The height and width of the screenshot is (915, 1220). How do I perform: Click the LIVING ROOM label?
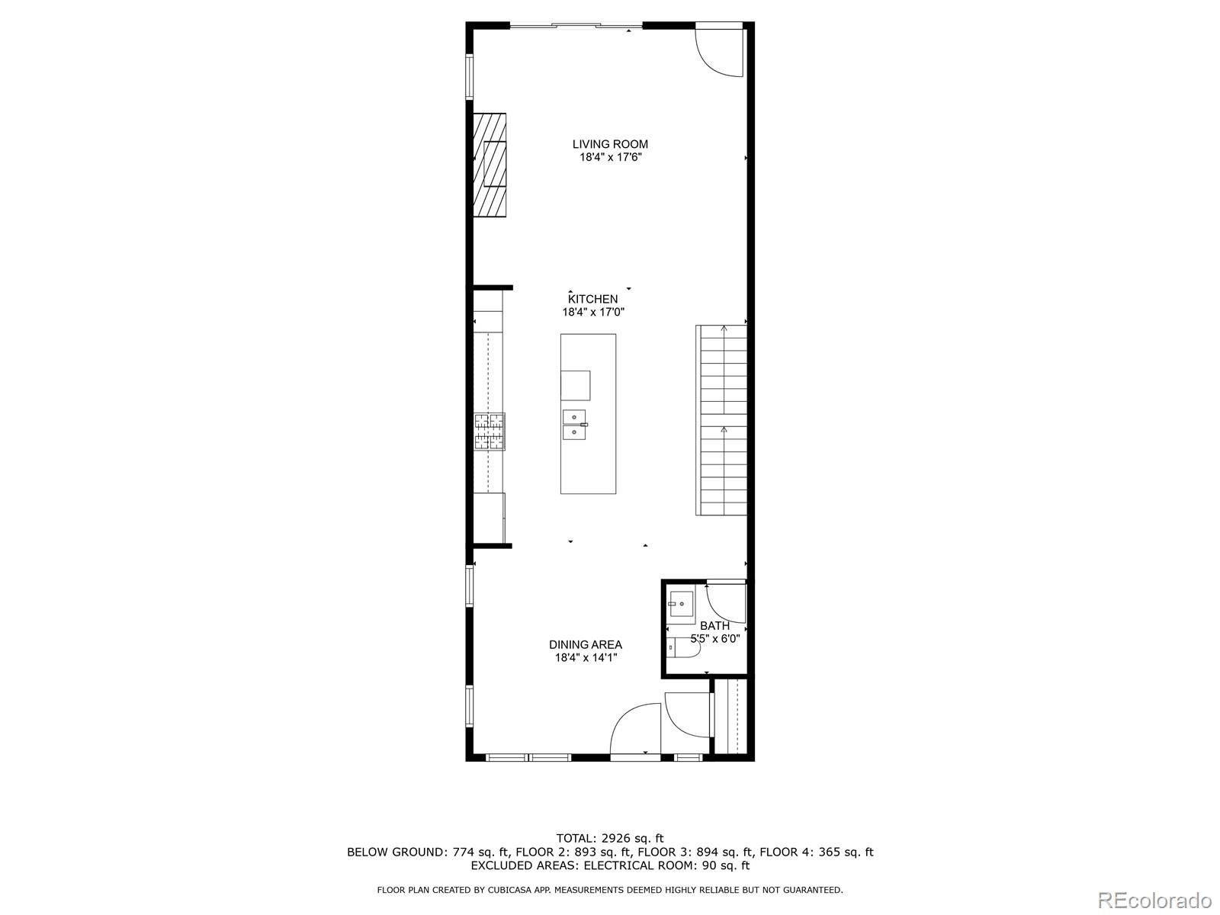(x=610, y=144)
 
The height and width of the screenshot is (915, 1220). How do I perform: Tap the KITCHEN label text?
(x=592, y=299)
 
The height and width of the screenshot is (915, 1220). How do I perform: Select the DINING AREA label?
(x=586, y=644)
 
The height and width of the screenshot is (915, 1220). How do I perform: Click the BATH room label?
(x=714, y=626)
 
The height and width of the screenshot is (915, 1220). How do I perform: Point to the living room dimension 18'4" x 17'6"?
(x=610, y=158)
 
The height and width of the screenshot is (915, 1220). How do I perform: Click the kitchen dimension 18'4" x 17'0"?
(x=593, y=312)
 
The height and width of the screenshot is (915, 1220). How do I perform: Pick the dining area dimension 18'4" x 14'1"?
(x=586, y=657)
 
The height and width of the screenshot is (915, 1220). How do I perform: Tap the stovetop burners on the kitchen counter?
(x=489, y=431)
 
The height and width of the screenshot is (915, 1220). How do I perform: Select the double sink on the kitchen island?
(x=574, y=425)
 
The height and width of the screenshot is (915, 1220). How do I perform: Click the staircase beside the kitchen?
(x=721, y=420)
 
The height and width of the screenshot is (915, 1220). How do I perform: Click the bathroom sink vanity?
(x=681, y=606)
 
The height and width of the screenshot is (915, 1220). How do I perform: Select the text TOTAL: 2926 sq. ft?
(x=610, y=838)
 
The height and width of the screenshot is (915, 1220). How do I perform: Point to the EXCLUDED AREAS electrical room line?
(x=610, y=865)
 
